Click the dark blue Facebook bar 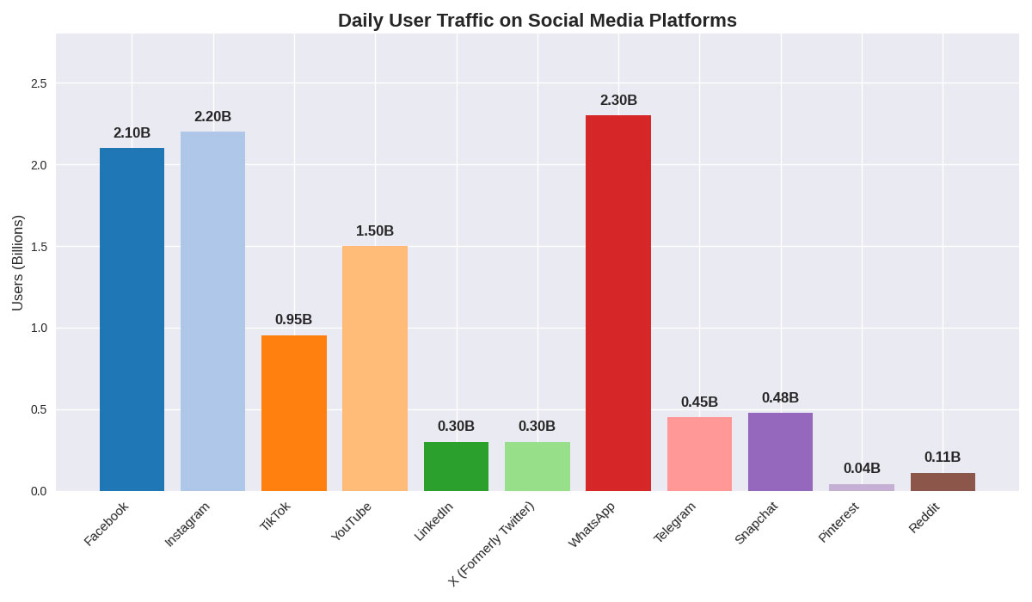132,319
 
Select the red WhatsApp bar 618,303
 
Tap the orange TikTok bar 294,413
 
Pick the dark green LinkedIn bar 456,466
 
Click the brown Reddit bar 943,482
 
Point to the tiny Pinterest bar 862,488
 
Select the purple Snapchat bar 780,451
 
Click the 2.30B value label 618,100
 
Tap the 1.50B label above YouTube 375,230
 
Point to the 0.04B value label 862,468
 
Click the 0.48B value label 780,397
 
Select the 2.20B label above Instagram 212,116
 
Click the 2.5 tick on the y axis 39,83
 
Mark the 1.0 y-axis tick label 39,328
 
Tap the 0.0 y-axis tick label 39,491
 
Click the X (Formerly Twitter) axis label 492,544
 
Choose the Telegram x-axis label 675,522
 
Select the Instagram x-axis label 187,524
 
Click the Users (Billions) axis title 17,262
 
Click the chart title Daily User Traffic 537,20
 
